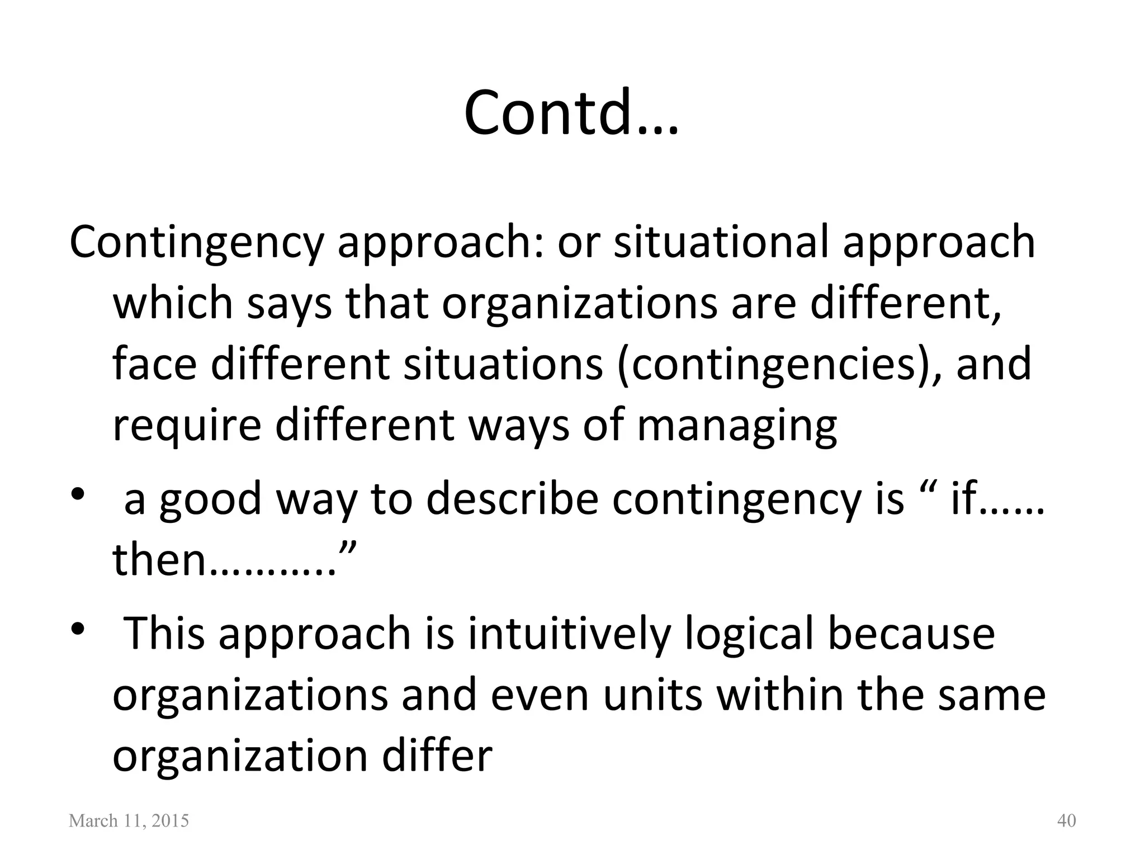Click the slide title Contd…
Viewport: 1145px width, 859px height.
(x=571, y=114)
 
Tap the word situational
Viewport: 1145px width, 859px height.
(x=721, y=242)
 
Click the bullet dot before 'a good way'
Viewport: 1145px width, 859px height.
(x=78, y=495)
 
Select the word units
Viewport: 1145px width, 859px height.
(x=652, y=695)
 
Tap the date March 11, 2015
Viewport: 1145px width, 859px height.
(x=129, y=821)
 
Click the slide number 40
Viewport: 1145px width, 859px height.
(x=1067, y=821)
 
